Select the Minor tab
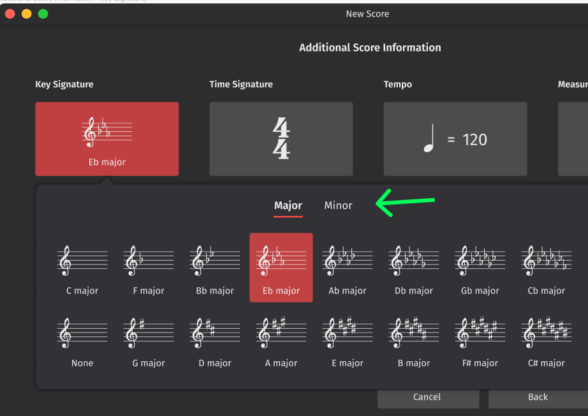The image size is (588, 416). pyautogui.click(x=338, y=206)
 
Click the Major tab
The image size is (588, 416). pyautogui.click(x=288, y=206)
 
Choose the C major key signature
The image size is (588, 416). pyautogui.click(x=82, y=268)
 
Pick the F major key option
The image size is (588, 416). pyautogui.click(x=149, y=268)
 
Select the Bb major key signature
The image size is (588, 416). pyautogui.click(x=215, y=268)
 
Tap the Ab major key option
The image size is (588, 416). pyautogui.click(x=348, y=268)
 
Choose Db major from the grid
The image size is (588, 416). pyautogui.click(x=414, y=268)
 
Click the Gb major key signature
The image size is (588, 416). pyautogui.click(x=480, y=268)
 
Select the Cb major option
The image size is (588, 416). pyautogui.click(x=547, y=268)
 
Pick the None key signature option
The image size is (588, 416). pyautogui.click(x=82, y=341)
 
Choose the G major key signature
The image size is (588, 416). pyautogui.click(x=149, y=341)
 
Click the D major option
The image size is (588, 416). pyautogui.click(x=215, y=341)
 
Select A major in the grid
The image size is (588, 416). pyautogui.click(x=281, y=341)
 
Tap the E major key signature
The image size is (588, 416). pyautogui.click(x=348, y=341)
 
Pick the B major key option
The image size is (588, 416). pyautogui.click(x=414, y=341)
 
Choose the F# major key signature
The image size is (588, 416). pyautogui.click(x=480, y=341)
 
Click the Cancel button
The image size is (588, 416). pyautogui.click(x=427, y=398)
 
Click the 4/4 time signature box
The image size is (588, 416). pyautogui.click(x=281, y=139)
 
